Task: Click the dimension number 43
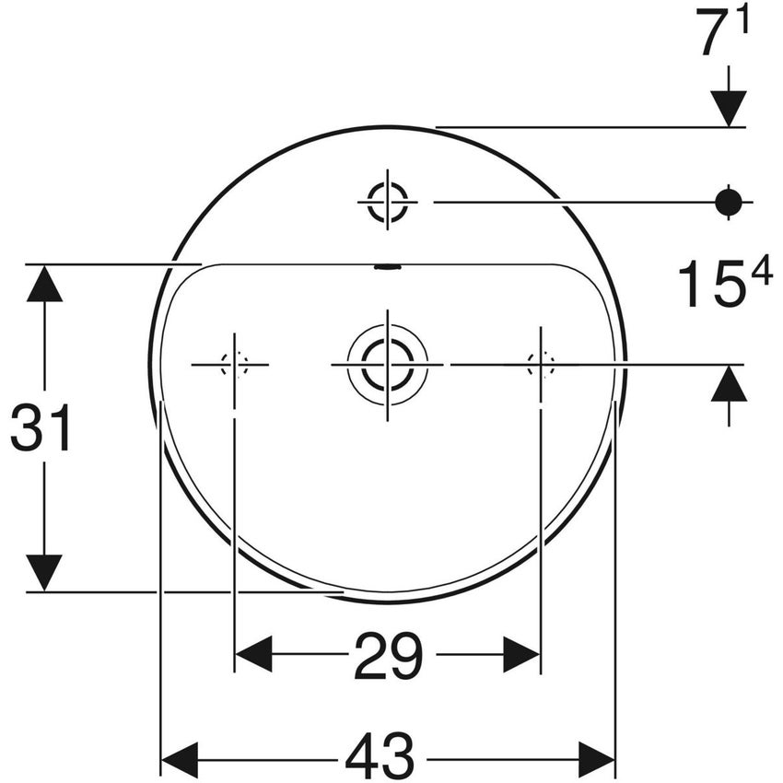(380, 757)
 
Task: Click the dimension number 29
(388, 656)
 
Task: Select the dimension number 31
(41, 430)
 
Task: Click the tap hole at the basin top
(388, 201)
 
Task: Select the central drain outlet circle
(387, 365)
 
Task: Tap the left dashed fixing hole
(234, 365)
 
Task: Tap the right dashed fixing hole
(541, 365)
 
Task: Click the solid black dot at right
(729, 201)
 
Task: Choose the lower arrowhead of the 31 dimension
(44, 573)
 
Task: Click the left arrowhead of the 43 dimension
(180, 757)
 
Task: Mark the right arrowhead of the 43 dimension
(597, 757)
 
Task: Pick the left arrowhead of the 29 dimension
(253, 655)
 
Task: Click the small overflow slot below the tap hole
(388, 268)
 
